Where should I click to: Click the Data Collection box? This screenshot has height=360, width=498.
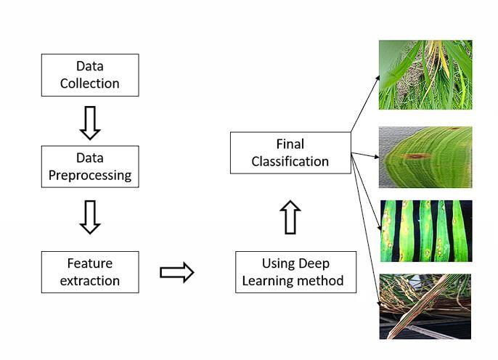coord(90,75)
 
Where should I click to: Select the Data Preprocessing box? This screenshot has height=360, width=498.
coord(90,166)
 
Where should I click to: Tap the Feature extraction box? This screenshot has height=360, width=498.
coord(90,272)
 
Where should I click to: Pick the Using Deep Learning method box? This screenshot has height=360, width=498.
coord(295,272)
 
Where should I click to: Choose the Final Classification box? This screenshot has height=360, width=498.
coord(290,152)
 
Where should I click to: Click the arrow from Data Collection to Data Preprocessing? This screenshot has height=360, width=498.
coord(90,123)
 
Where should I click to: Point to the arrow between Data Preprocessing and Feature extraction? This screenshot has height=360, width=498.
coord(90,217)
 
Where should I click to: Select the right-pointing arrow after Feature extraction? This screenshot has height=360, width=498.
coord(177,272)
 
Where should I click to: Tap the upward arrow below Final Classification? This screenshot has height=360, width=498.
coord(290,217)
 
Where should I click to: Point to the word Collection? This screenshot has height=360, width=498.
coord(90,83)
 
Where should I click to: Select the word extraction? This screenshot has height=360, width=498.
coord(90,281)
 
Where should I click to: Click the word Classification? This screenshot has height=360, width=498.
coord(290,162)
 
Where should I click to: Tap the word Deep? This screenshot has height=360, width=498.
coord(314,264)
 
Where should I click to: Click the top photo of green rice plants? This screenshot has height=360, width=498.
coord(425,75)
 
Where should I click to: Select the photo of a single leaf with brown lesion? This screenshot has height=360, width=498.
coord(425,157)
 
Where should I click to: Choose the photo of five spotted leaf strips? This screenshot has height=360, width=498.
coord(426,231)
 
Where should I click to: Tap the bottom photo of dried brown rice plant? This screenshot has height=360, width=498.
coord(425,307)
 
